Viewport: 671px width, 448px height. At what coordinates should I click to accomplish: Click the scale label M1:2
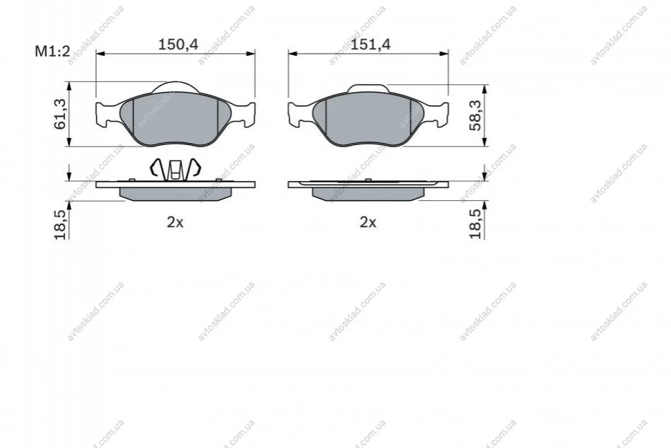pos(52,52)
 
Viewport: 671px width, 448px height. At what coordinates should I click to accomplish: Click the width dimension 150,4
pos(178,44)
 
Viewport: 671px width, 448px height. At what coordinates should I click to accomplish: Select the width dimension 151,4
pos(370,44)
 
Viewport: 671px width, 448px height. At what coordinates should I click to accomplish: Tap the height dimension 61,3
pos(60,114)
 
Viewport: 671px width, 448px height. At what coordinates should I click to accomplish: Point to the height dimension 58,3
pos(475,115)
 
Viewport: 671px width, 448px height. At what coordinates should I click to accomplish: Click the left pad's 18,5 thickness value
pos(60,225)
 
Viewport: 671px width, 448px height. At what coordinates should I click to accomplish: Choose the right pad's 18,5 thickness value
pos(475,224)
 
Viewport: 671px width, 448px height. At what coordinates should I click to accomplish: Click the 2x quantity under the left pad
pos(175,222)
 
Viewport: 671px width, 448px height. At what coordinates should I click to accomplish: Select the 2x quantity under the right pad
pos(368,222)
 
